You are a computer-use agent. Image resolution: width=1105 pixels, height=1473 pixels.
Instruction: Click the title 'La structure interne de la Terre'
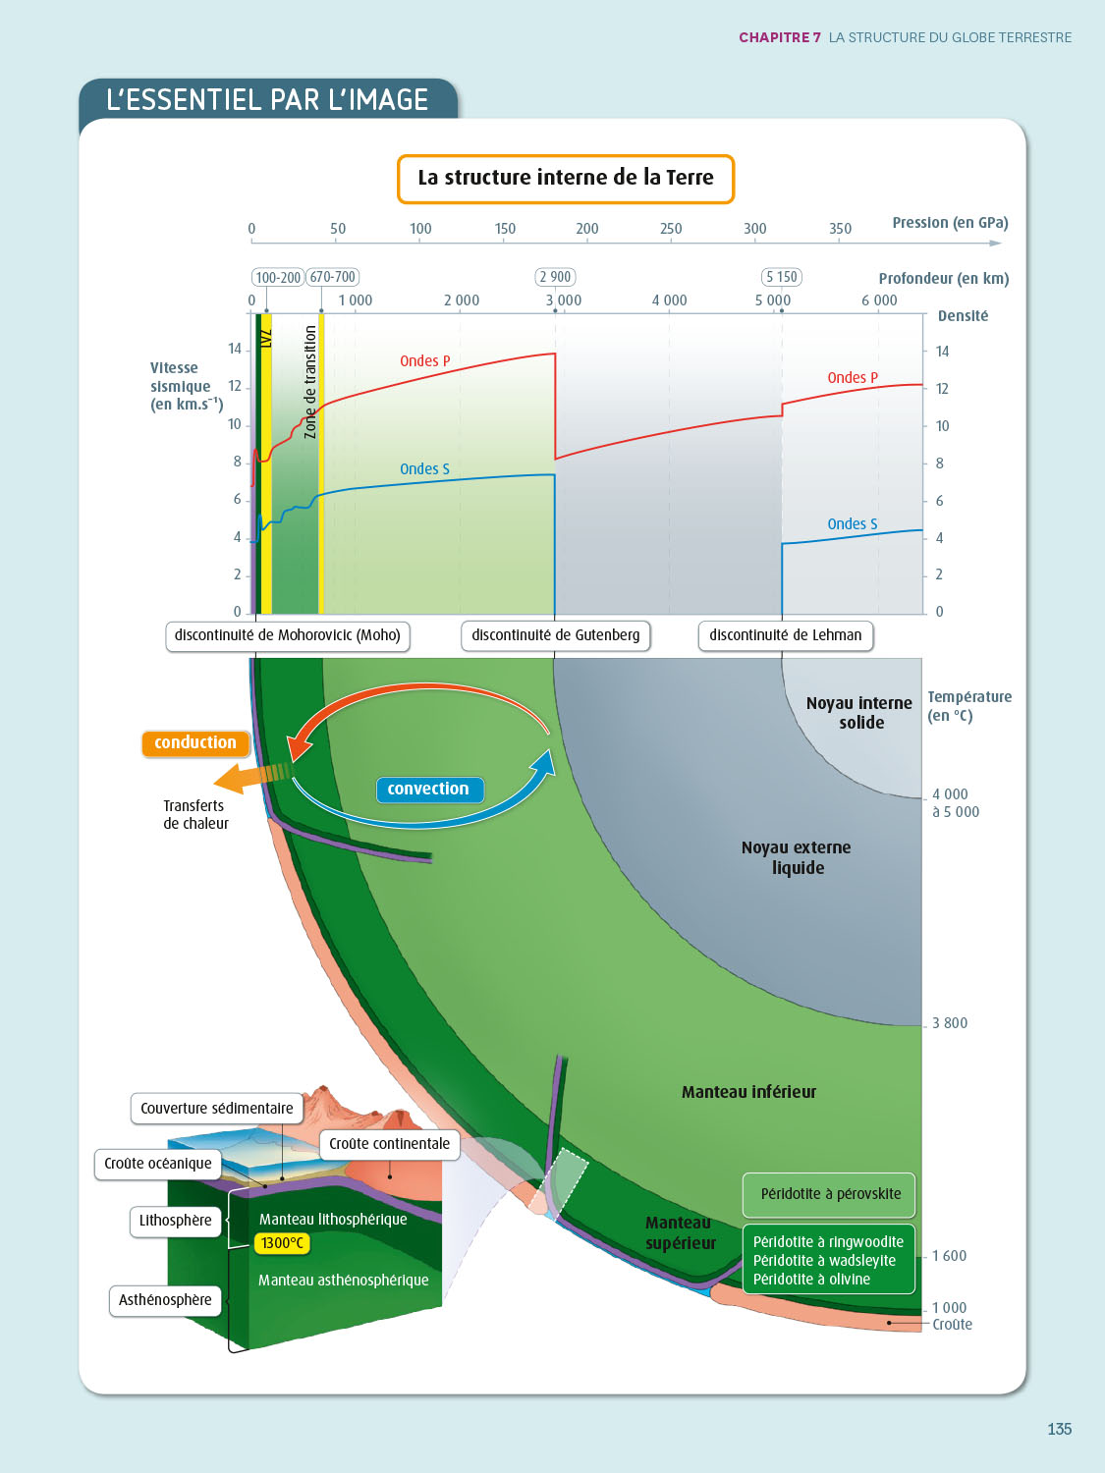point(566,179)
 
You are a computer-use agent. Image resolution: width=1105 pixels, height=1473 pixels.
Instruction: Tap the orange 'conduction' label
point(195,743)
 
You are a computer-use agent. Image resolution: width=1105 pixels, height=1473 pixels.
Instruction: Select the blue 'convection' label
point(428,790)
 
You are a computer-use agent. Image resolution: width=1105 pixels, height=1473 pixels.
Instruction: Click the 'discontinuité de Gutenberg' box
point(556,635)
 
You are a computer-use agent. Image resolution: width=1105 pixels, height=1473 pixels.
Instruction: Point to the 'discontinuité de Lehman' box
point(786,635)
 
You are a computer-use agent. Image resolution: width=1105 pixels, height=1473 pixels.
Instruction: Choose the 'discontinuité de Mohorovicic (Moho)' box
point(288,635)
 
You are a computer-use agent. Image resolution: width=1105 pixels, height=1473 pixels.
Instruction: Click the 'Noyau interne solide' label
point(859,713)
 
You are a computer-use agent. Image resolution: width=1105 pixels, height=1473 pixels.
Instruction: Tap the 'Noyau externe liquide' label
point(797,857)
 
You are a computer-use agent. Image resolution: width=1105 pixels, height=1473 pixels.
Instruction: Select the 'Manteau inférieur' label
point(748,1092)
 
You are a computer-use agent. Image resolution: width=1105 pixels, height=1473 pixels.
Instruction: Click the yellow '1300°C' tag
point(283,1243)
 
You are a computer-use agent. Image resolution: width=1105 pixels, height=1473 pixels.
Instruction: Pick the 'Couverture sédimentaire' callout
point(217,1109)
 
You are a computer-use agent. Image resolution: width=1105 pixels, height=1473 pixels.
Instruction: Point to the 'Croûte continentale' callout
point(390,1144)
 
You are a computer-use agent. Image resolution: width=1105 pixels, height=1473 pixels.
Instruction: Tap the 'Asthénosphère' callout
point(165,1300)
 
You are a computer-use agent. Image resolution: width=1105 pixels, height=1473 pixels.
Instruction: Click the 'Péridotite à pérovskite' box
point(830,1194)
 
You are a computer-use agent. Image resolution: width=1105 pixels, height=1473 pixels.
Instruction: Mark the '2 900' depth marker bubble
point(555,277)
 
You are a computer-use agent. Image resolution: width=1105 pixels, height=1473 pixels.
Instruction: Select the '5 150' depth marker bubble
point(782,277)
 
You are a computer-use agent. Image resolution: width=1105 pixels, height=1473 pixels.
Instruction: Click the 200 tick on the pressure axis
point(587,229)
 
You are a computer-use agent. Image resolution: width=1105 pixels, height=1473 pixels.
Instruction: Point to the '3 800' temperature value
point(950,1023)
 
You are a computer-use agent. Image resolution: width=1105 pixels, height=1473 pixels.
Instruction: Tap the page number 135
point(1059,1429)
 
